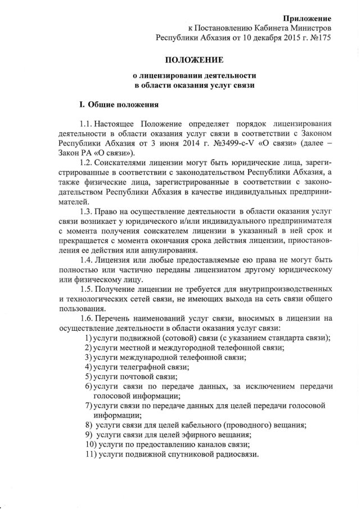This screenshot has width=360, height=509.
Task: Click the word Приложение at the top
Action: (307, 19)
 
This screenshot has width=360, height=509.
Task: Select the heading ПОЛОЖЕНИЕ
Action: (194, 60)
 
